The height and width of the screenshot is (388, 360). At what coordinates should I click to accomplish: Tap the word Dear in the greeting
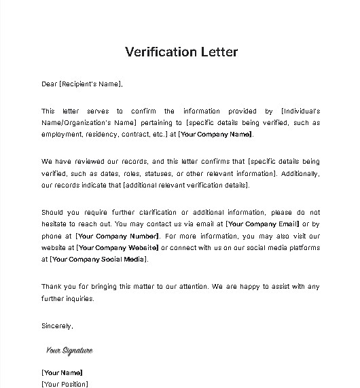pos(50,84)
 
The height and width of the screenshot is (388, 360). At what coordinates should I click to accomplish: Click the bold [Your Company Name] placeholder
pos(215,135)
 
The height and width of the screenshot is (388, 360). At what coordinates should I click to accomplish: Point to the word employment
pos(61,135)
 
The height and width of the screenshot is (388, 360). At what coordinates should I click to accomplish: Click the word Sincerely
pos(57,326)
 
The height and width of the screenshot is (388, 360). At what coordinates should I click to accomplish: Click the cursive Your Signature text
pos(69,351)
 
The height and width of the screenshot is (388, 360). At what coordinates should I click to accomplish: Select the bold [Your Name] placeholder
pos(62,372)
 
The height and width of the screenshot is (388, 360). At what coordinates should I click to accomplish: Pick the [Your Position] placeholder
pos(65,384)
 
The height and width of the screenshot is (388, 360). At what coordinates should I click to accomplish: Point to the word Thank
pos(52,286)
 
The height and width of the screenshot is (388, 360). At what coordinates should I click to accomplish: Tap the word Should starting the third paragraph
pos(53,211)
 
